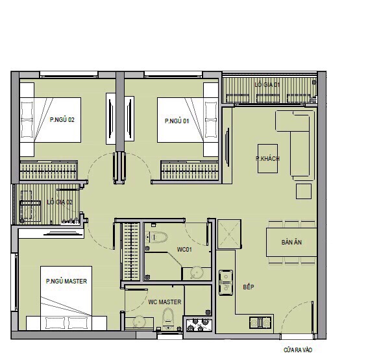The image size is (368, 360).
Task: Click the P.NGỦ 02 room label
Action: [x=62, y=119]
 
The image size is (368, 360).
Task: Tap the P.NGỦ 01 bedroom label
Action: [x=177, y=121]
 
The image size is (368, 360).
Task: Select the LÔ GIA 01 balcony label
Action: [x=267, y=84]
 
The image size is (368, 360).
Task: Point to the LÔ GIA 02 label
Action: [x=60, y=202]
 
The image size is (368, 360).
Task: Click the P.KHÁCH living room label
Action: [x=267, y=158]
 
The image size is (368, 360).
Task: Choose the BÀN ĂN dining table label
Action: [x=291, y=242]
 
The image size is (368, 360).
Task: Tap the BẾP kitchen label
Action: [x=249, y=287]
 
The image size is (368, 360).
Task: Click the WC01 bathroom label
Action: [x=184, y=249]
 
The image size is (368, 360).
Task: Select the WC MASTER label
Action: [x=165, y=302]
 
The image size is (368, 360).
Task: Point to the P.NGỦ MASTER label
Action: [x=66, y=281]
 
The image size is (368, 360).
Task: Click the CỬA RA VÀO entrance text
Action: [x=298, y=350]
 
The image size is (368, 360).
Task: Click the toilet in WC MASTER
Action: [x=168, y=318]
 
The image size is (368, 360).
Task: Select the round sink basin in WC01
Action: [x=197, y=272]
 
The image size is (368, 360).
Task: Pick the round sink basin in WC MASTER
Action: [x=139, y=322]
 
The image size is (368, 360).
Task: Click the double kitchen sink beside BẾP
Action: [x=226, y=282]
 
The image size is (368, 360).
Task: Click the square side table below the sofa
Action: [x=304, y=191]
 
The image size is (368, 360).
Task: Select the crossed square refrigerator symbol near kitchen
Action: [x=229, y=234]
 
